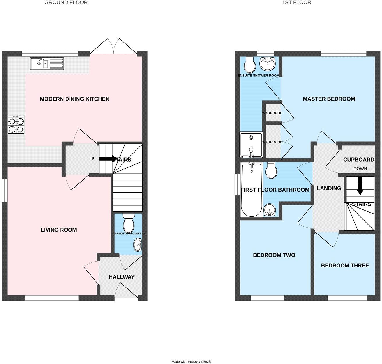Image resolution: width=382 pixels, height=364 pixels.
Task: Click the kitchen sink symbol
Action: point(46,64)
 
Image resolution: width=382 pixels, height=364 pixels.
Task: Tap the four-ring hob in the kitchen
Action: point(16,125)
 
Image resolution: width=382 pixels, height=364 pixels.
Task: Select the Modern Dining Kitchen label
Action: point(75,99)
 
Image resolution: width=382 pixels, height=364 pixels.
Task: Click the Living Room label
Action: point(59,230)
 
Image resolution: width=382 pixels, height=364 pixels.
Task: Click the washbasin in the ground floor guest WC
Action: point(138,244)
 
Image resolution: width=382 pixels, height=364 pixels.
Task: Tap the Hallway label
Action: point(121,277)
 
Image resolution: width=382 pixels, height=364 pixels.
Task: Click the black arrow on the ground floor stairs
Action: point(107,159)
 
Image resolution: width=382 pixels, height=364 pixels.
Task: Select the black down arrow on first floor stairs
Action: point(360,186)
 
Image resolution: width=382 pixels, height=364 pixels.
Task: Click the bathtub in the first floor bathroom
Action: point(252,190)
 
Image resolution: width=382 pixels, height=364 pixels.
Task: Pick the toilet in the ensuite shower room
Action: point(250,65)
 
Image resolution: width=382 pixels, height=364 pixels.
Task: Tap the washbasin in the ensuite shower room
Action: point(267,64)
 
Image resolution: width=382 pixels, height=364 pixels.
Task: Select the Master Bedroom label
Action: point(329,99)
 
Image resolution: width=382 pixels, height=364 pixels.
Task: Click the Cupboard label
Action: point(358,160)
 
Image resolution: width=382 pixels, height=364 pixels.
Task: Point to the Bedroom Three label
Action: point(345,266)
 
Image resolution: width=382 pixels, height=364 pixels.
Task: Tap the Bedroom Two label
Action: point(274,255)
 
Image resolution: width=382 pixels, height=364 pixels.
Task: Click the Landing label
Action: point(329,188)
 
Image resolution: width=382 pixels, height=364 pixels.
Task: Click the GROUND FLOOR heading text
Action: point(66,3)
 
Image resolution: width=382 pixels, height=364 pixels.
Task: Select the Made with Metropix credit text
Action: point(191,362)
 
